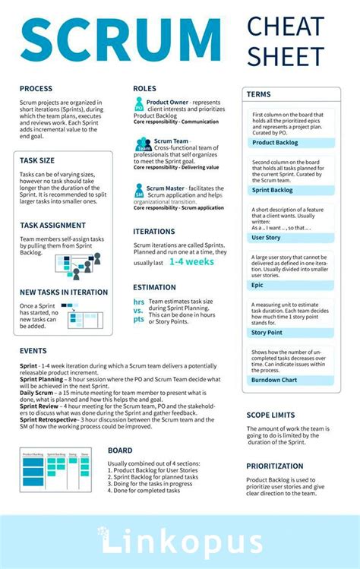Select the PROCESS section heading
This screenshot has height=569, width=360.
pos(36,89)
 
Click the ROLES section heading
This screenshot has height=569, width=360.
pos(144,89)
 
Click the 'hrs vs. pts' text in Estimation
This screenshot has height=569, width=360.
pos(138,310)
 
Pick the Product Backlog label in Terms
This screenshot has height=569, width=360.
pos(274,142)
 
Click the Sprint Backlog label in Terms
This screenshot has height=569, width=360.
pos(272,190)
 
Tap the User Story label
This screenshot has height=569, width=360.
pos(266,238)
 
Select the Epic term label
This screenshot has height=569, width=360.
pos(257,285)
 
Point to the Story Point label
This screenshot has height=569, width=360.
pos(267,332)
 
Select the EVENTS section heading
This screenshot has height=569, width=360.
pos(33,351)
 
